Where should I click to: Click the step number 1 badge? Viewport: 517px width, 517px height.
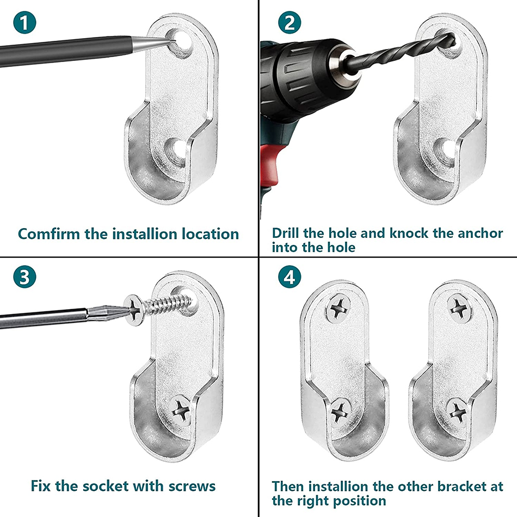click(x=24, y=22)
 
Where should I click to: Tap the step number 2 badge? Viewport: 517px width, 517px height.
click(x=290, y=22)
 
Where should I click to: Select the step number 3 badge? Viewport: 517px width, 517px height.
click(x=24, y=276)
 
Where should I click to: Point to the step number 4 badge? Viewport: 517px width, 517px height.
click(x=290, y=276)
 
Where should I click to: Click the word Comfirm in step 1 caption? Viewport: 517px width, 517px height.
click(x=49, y=234)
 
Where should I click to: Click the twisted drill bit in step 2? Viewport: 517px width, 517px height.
click(x=401, y=49)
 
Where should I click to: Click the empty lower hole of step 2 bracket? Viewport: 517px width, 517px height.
click(x=442, y=151)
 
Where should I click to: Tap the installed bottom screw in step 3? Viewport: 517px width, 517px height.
click(x=180, y=410)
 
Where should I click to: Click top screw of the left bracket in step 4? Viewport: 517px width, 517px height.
click(x=338, y=309)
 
